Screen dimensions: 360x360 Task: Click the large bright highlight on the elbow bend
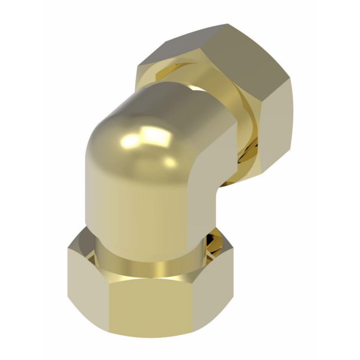(x=154, y=136)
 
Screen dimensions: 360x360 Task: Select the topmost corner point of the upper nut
(x=225, y=24)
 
